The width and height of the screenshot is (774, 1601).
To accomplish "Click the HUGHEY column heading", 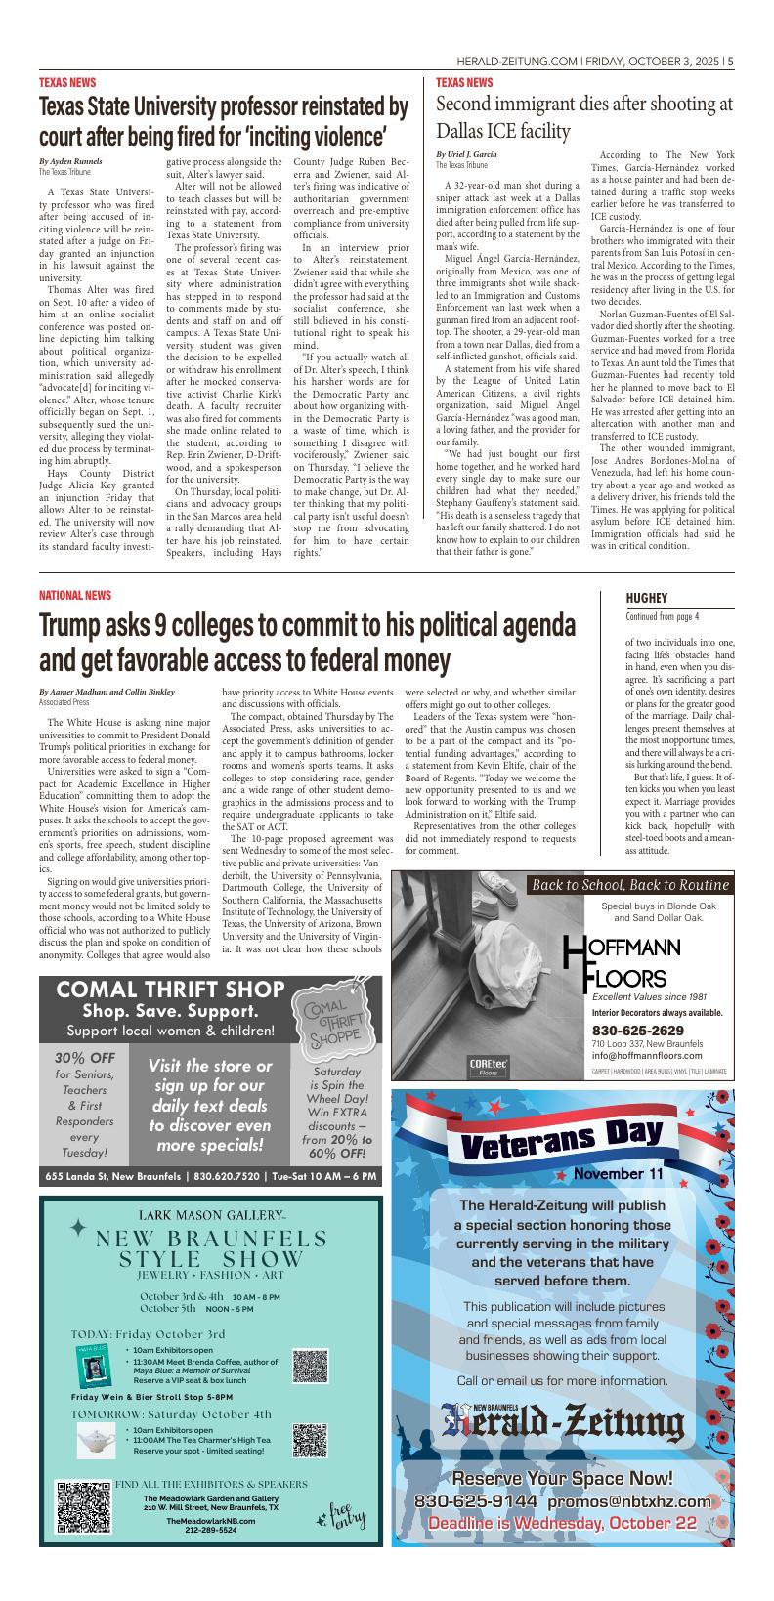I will pos(646,598).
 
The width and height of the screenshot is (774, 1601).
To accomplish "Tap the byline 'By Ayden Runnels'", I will pos(70,160).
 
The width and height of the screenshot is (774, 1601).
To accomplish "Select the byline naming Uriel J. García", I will pos(466,155).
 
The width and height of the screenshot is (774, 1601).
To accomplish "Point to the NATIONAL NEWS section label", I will pos(75,595).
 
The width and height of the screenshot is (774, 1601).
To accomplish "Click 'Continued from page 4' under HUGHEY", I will pos(664,616).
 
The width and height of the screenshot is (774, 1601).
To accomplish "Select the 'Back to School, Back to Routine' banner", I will pos(630,885).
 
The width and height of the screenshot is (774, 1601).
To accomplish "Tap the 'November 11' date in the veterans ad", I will pos(618,1173).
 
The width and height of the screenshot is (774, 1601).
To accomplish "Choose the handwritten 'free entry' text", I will pos(342,1516).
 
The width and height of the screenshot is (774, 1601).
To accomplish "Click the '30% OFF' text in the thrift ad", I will pos(84,1058).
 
